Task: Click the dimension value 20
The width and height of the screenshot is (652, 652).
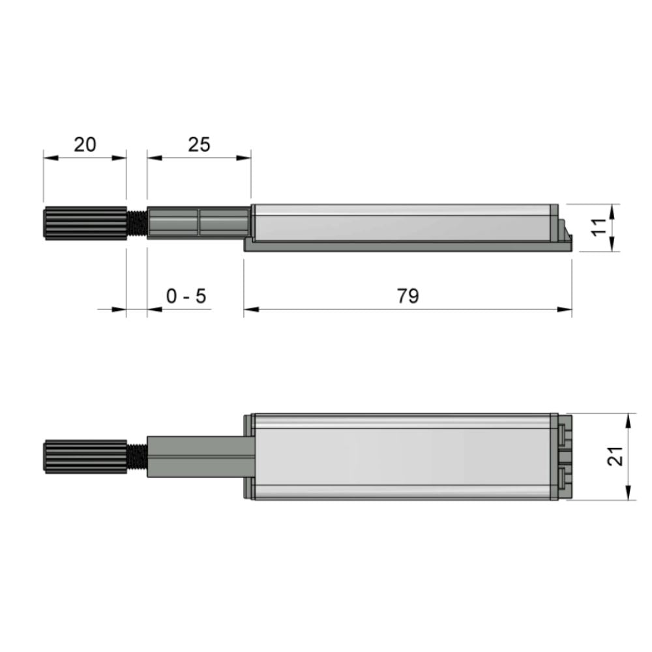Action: click(85, 144)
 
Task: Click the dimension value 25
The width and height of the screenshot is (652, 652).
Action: click(199, 144)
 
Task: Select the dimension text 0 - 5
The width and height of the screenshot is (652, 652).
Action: click(186, 297)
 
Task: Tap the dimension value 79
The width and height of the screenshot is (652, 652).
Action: click(407, 296)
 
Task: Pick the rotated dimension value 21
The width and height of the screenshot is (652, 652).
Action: click(615, 456)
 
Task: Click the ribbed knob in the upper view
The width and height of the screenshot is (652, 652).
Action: click(85, 223)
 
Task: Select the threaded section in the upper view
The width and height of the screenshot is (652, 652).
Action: click(136, 223)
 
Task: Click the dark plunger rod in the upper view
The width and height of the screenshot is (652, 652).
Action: click(198, 222)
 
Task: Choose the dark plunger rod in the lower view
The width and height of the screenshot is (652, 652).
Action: click(199, 456)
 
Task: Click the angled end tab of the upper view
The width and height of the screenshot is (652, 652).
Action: click(565, 234)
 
